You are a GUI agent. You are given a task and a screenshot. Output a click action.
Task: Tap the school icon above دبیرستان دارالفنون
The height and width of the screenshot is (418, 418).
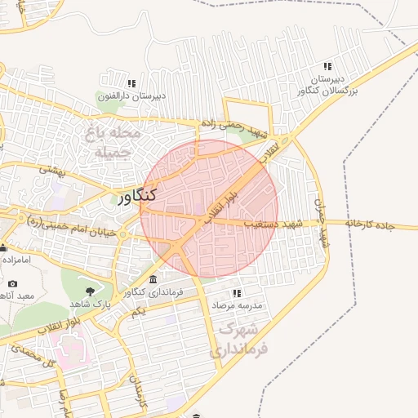(x=131, y=83)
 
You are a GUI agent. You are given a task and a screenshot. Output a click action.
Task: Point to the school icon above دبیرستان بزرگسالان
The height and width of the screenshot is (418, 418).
(x=328, y=66)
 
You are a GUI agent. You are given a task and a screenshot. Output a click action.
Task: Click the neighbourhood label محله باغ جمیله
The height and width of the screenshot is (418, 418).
(x=118, y=140)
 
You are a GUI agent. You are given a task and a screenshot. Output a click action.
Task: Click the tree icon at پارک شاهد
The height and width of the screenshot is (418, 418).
(x=89, y=290)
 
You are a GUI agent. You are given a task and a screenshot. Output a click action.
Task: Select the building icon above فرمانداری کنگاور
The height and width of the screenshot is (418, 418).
(x=153, y=280)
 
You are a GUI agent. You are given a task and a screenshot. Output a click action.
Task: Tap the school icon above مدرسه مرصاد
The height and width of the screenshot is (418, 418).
(x=237, y=292)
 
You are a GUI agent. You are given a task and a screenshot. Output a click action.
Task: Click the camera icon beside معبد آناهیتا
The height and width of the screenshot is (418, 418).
(x=11, y=283)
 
